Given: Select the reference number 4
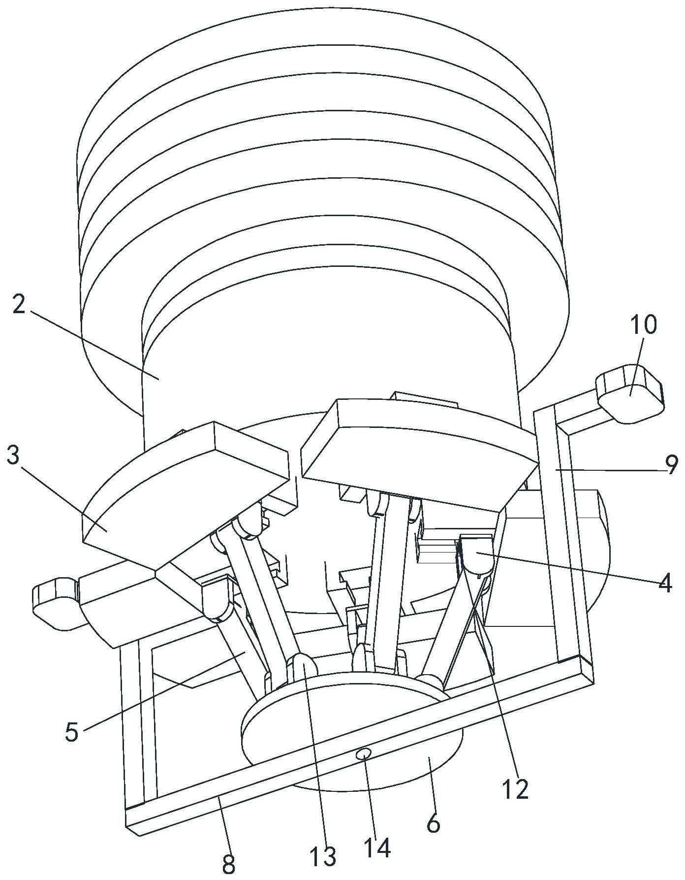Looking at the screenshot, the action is [x=665, y=584].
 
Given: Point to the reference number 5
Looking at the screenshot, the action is [x=72, y=732].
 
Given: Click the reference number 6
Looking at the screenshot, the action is [x=433, y=823].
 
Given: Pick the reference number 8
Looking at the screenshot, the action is [x=228, y=864].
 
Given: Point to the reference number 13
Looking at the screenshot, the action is [x=323, y=856].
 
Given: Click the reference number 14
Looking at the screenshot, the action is [x=377, y=847].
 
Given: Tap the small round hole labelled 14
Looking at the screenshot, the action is [x=365, y=753].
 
